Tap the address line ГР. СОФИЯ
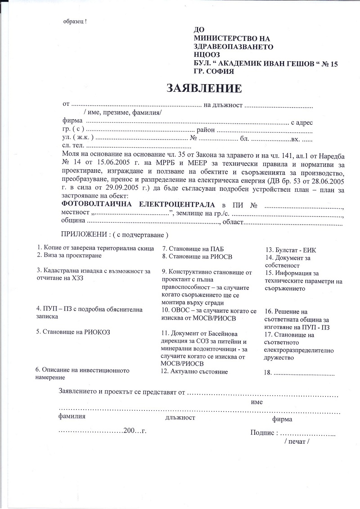click(x=213, y=71)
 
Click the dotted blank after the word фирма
click(x=187, y=122)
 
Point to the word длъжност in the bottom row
click(x=180, y=418)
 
